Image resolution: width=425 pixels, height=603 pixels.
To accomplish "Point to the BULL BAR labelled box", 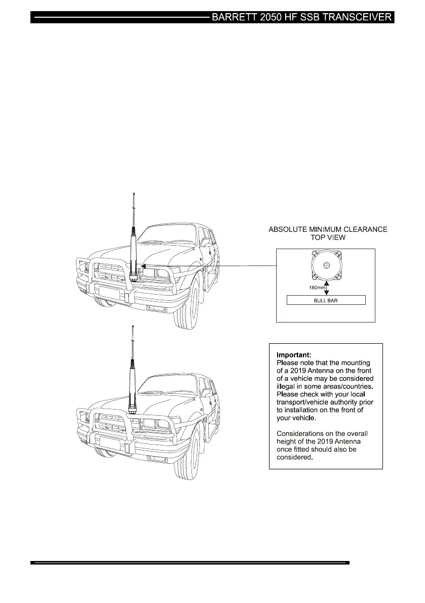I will tap(326, 300).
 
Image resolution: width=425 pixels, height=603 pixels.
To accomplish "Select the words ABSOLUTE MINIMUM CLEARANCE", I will tap(328, 230).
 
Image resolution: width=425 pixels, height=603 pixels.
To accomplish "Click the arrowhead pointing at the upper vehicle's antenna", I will tap(143, 265).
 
